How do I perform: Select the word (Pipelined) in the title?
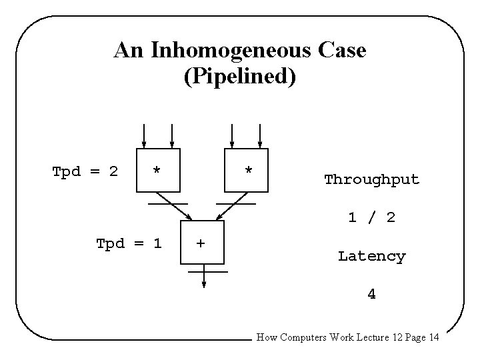coord(239,75)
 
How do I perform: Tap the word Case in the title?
coord(340,51)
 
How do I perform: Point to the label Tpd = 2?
coord(85,171)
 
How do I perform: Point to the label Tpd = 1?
coord(129,243)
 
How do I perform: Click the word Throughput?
coord(371,179)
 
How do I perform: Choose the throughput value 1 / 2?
coord(371,217)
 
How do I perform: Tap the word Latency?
coord(371,256)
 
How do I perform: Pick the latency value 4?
coord(371,293)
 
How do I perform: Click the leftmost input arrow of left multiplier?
coord(143,135)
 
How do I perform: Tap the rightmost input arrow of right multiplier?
coord(261,135)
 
